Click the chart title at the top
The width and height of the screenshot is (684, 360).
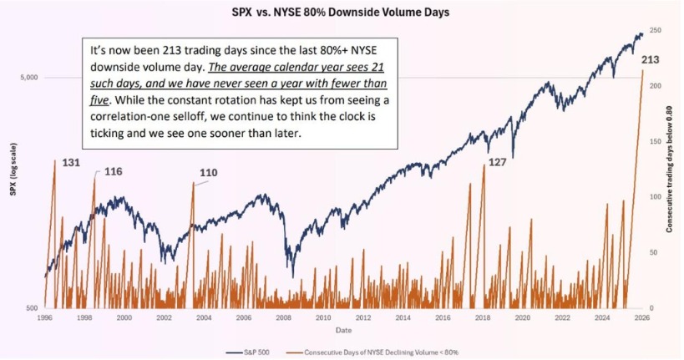pos(340,12)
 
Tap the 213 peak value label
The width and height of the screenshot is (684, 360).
pos(650,60)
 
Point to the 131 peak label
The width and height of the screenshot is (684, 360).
pos(71,163)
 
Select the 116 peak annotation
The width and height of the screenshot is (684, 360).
pos(114,171)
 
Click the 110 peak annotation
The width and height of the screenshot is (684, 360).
pos(209,173)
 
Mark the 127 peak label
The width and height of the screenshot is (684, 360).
pos(497,162)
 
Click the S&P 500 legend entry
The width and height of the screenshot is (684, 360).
pos(248,352)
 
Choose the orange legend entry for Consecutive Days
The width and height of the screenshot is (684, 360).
pos(372,352)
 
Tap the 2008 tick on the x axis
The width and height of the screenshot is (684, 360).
pos(284,317)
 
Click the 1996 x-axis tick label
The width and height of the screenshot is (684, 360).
pos(45,317)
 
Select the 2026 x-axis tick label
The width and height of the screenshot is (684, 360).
pos(642,317)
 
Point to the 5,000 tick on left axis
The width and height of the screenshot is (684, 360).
pos(29,78)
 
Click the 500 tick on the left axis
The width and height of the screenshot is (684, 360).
pos(33,308)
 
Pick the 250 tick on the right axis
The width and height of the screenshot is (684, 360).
pos(656,30)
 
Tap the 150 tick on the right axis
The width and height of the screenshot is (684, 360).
pos(656,141)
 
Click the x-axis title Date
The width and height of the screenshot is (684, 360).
pos(343,330)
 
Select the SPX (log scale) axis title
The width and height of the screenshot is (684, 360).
pos(13,169)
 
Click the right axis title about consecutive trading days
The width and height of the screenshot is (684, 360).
pos(669,169)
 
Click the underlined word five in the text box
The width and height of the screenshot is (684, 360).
pos(99,100)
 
